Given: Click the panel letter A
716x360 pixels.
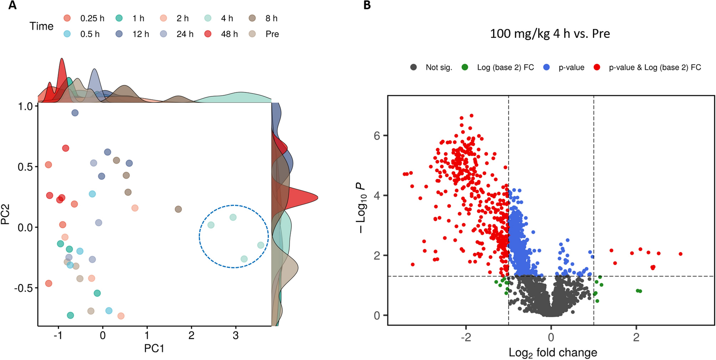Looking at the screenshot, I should [x=12, y=5].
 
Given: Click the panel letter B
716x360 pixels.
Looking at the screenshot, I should [x=367, y=5].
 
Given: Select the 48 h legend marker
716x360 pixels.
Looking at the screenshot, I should [x=208, y=34].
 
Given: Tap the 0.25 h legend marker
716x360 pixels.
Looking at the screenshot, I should [x=67, y=18].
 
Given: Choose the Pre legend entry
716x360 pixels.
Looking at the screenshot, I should [x=272, y=34].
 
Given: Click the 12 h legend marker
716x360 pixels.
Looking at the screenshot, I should [x=119, y=34].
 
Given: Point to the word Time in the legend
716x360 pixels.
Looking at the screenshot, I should [x=41, y=26].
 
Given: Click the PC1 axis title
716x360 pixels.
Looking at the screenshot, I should [x=154, y=348].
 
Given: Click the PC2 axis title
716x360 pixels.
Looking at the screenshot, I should [x=5, y=214].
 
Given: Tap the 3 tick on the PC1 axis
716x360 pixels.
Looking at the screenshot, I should [x=235, y=335].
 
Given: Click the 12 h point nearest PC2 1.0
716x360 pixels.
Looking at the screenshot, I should [x=75, y=113].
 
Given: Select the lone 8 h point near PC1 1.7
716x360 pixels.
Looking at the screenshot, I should [x=178, y=209].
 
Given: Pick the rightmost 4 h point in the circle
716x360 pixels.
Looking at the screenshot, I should [x=261, y=245].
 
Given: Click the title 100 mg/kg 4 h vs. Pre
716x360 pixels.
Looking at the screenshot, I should [x=550, y=34].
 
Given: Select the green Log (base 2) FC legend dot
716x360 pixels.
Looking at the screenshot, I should [x=465, y=67].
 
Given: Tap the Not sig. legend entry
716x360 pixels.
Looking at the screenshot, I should [x=438, y=67].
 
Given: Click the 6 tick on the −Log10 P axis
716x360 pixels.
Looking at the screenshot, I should [x=377, y=136].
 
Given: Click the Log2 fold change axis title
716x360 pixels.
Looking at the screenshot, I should [x=553, y=353].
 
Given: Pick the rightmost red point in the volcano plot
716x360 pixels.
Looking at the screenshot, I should [x=680, y=254].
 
